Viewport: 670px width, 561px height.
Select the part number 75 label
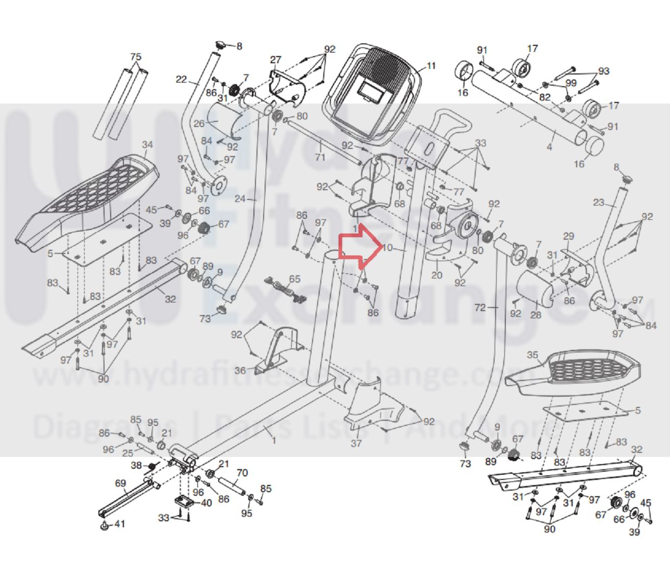pos(135,57)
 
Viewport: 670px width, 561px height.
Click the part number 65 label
pos(295,279)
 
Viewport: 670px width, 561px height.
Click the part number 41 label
pos(119,524)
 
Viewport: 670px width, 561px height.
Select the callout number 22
pos(181,79)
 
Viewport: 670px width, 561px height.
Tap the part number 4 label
pos(549,147)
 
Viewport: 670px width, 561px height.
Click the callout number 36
pos(240,371)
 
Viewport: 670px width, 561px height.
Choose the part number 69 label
pos(120,483)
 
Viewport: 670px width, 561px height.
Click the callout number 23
pos(599,203)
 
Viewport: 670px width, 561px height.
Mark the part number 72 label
pos(480,307)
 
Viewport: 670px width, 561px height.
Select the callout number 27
pos(276,60)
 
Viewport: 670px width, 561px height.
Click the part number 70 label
pos(242,473)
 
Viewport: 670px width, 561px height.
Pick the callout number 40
pos(206,503)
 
